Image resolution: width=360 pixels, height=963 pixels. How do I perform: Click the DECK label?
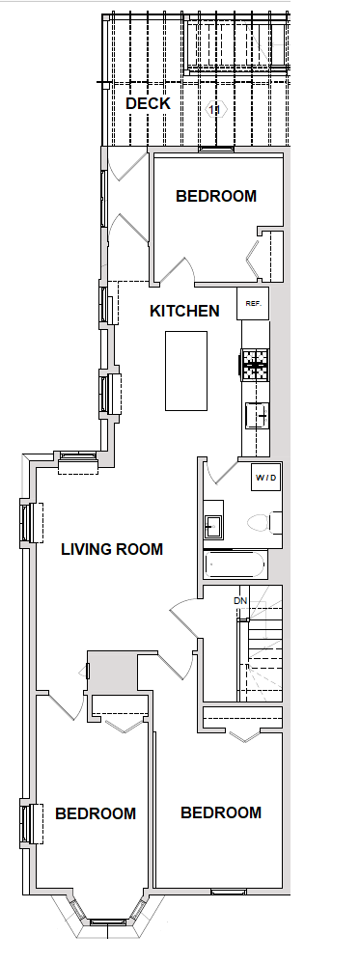tap(148, 104)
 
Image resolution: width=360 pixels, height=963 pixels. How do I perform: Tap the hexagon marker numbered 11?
tap(214, 110)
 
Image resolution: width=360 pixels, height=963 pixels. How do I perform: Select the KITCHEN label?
tap(184, 311)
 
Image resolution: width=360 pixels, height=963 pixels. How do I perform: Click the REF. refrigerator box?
tap(253, 303)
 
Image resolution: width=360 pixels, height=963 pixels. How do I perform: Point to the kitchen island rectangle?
tap(186, 371)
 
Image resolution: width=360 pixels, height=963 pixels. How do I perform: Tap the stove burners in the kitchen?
tap(255, 365)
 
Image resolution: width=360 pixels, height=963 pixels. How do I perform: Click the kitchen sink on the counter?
tap(256, 416)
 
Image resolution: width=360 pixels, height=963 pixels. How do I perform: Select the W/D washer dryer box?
tap(266, 478)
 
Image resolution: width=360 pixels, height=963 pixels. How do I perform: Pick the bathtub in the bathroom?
tap(235, 564)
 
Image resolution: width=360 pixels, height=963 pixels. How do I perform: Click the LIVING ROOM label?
tap(112, 549)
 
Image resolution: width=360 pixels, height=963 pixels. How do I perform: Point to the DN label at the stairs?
tap(240, 600)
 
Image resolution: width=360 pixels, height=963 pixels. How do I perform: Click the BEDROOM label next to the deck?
tap(215, 196)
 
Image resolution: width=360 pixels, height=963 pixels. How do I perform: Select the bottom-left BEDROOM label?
tap(96, 813)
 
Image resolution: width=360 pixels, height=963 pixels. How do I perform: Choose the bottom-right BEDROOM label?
tap(221, 813)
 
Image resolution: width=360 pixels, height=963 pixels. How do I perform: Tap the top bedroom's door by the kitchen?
tap(179, 271)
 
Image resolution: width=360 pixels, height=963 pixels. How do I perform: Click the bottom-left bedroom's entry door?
tap(67, 707)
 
